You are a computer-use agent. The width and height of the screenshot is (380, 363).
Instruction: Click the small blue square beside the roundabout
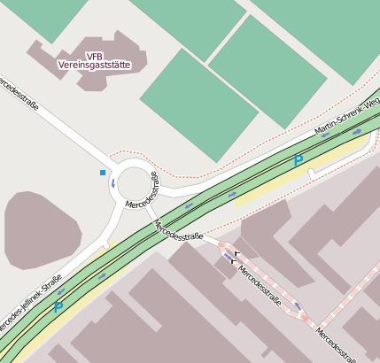(x=103, y=172)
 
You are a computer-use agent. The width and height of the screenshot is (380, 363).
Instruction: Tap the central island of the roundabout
(x=137, y=184)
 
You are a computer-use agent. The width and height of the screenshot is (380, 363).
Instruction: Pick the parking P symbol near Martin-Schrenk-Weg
(x=299, y=161)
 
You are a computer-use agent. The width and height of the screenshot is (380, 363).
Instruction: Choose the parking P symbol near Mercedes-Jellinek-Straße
(x=58, y=308)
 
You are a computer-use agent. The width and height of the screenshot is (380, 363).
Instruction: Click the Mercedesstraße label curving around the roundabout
(x=146, y=192)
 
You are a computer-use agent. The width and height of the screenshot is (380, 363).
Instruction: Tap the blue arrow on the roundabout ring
(x=112, y=183)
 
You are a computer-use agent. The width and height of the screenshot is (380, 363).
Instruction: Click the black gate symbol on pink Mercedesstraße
(x=236, y=258)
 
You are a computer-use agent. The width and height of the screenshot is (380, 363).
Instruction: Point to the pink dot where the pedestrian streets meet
(x=313, y=328)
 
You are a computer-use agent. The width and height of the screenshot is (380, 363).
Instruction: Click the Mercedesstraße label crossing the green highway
(x=179, y=231)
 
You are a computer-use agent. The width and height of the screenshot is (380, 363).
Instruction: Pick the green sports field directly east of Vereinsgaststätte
(x=199, y=92)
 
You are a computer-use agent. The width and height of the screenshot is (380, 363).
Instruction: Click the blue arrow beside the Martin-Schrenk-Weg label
(x=356, y=132)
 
